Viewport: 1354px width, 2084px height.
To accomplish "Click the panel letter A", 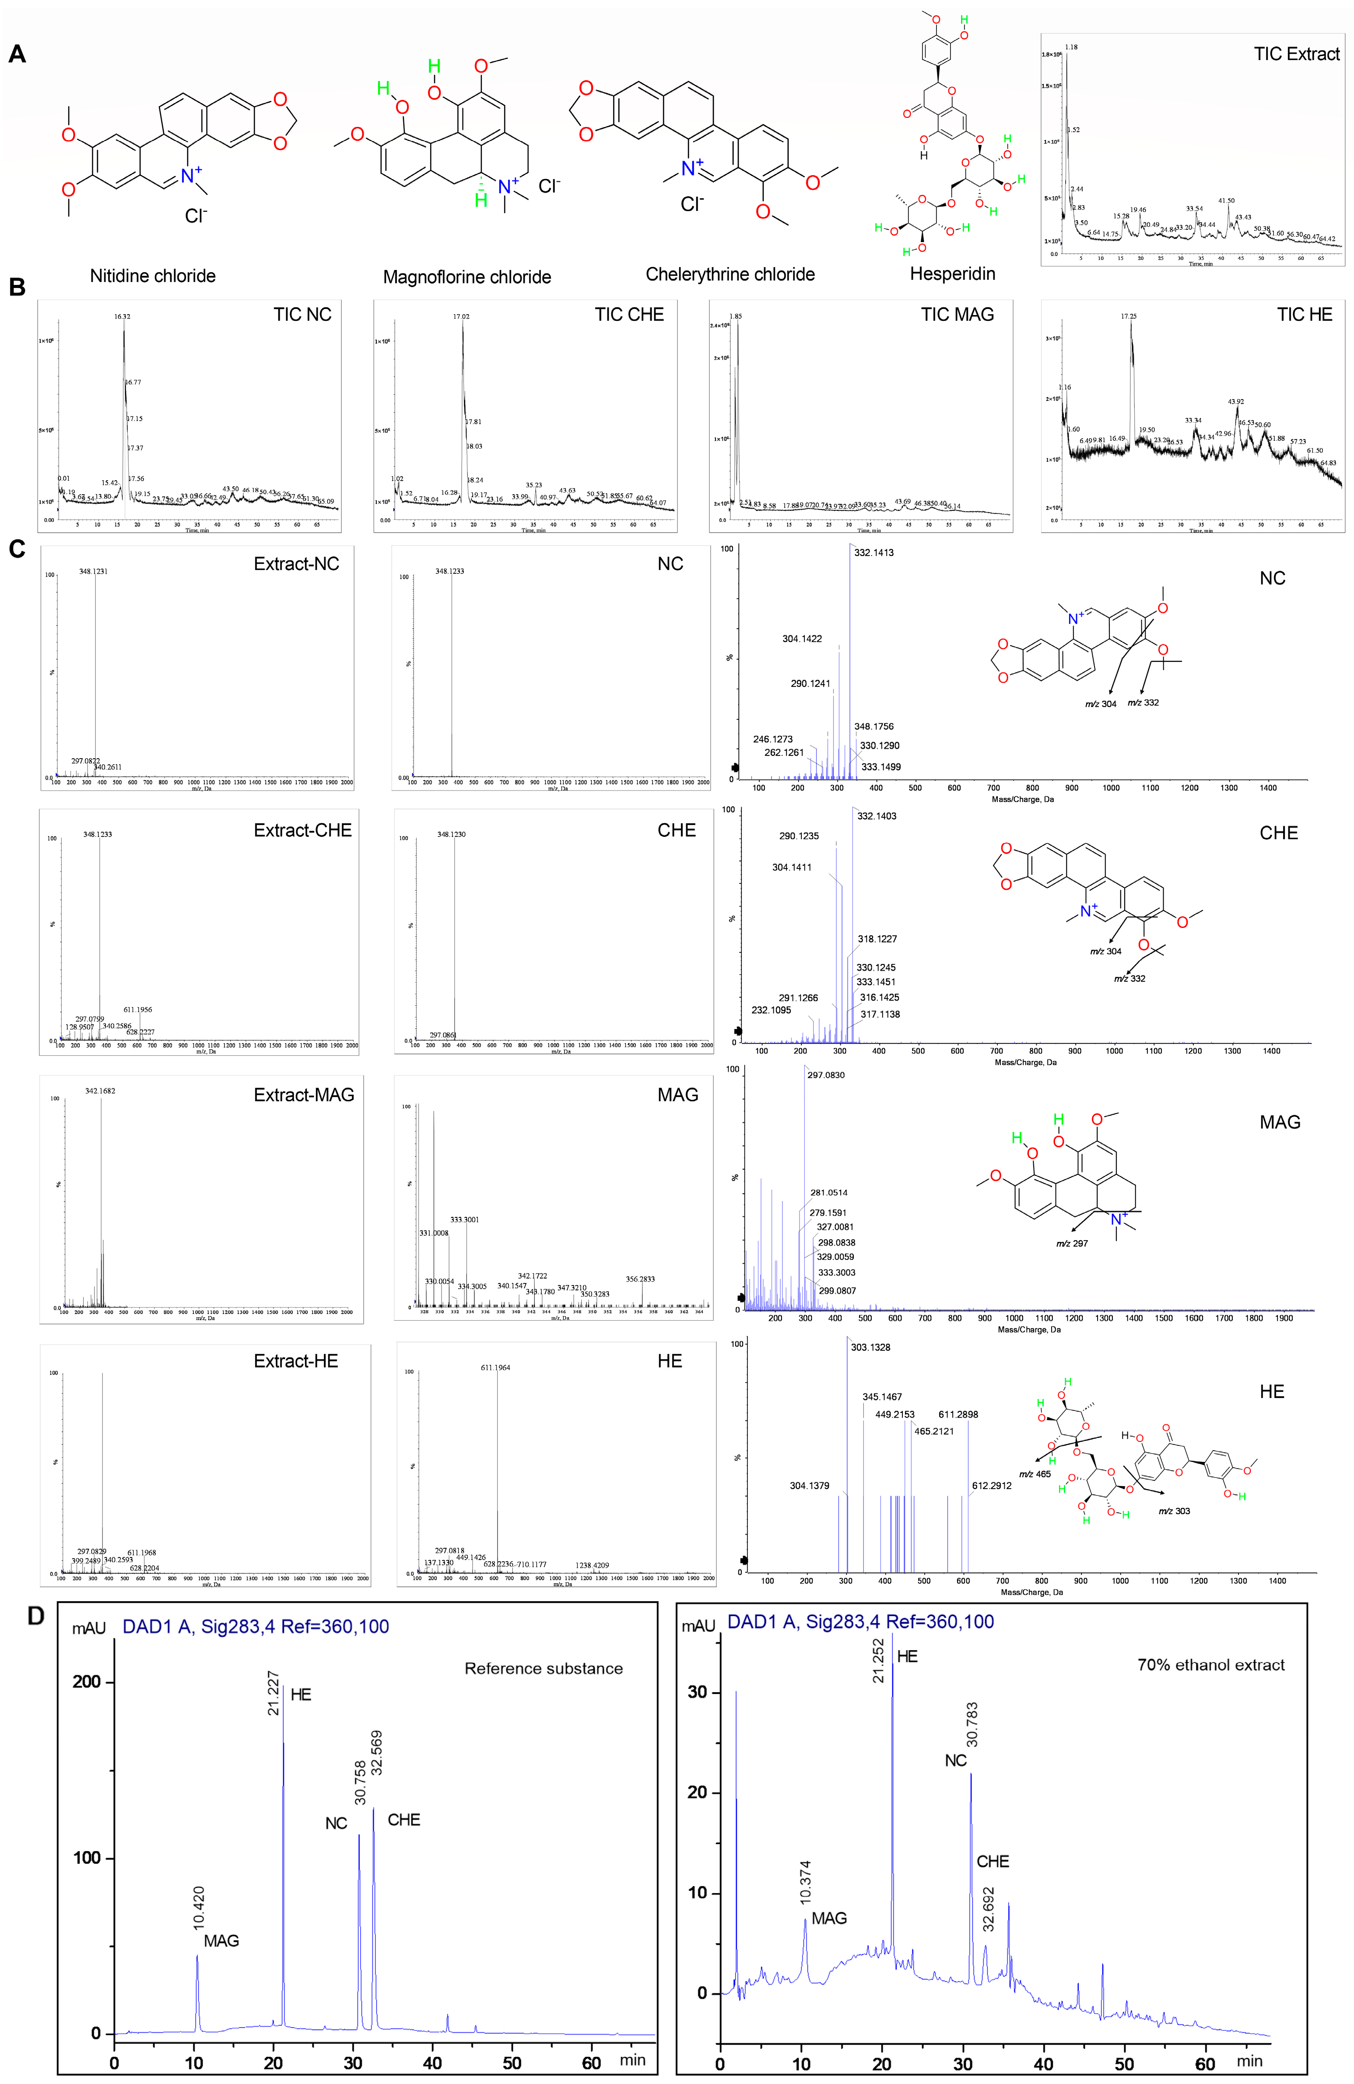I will [17, 54].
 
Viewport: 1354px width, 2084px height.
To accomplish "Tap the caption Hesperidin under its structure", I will [952, 274].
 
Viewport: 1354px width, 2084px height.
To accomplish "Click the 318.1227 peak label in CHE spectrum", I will [877, 938].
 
